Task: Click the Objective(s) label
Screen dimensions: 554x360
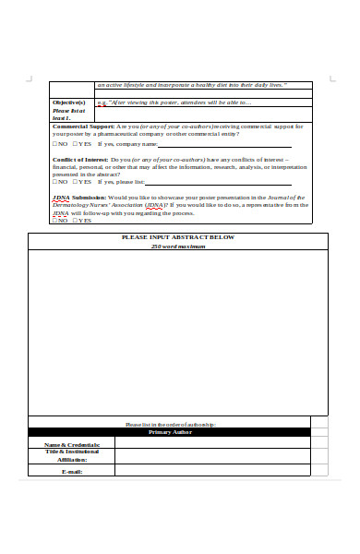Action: pyautogui.click(x=68, y=102)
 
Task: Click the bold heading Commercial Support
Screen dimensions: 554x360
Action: pyautogui.click(x=83, y=126)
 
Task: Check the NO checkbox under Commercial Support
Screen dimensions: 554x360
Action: pyautogui.click(x=54, y=145)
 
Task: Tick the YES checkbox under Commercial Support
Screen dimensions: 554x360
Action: pyautogui.click(x=76, y=145)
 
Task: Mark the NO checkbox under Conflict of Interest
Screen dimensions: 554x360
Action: pyautogui.click(x=54, y=183)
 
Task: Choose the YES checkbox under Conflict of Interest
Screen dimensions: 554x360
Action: pyautogui.click(x=76, y=183)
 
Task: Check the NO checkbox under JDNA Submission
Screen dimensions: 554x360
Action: pyautogui.click(x=54, y=221)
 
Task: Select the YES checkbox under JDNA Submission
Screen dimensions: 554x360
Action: pyautogui.click(x=76, y=221)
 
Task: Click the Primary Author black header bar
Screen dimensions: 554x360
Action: pyautogui.click(x=169, y=432)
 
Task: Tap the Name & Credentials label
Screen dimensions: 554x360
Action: pyautogui.click(x=72, y=444)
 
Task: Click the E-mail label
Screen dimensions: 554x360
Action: pyautogui.click(x=72, y=471)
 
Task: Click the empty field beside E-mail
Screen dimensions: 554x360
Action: pyautogui.click(x=212, y=471)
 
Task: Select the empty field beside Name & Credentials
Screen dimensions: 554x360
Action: pyautogui.click(x=212, y=444)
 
